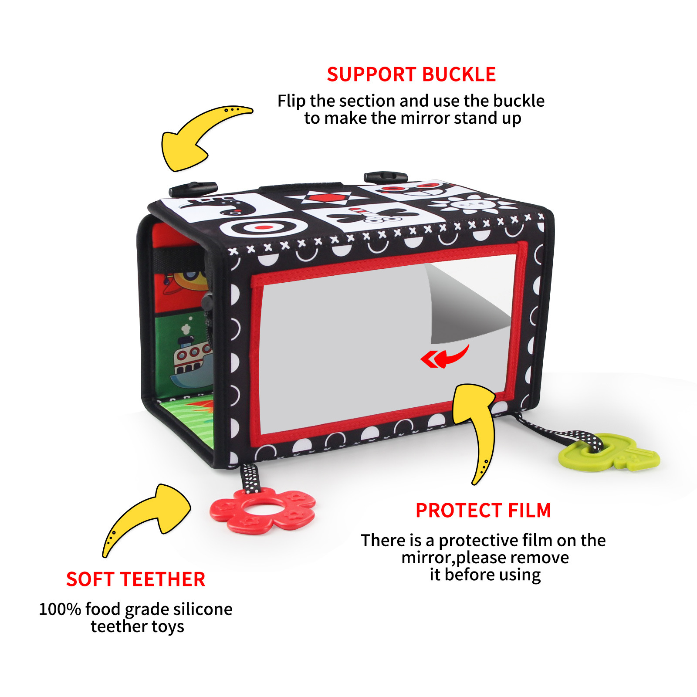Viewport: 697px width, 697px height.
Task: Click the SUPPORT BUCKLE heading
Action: pos(411,74)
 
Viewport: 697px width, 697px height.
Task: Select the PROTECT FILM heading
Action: pos(483,511)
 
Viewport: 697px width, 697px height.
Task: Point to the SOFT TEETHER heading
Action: pos(135,579)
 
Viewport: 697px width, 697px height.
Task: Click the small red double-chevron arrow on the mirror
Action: pos(431,359)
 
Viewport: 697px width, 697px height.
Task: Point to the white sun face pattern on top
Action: pos(470,203)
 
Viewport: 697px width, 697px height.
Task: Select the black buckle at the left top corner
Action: pos(193,189)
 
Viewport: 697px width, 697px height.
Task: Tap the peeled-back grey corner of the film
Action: pos(462,305)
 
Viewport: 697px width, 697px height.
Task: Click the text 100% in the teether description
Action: pos(60,609)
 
